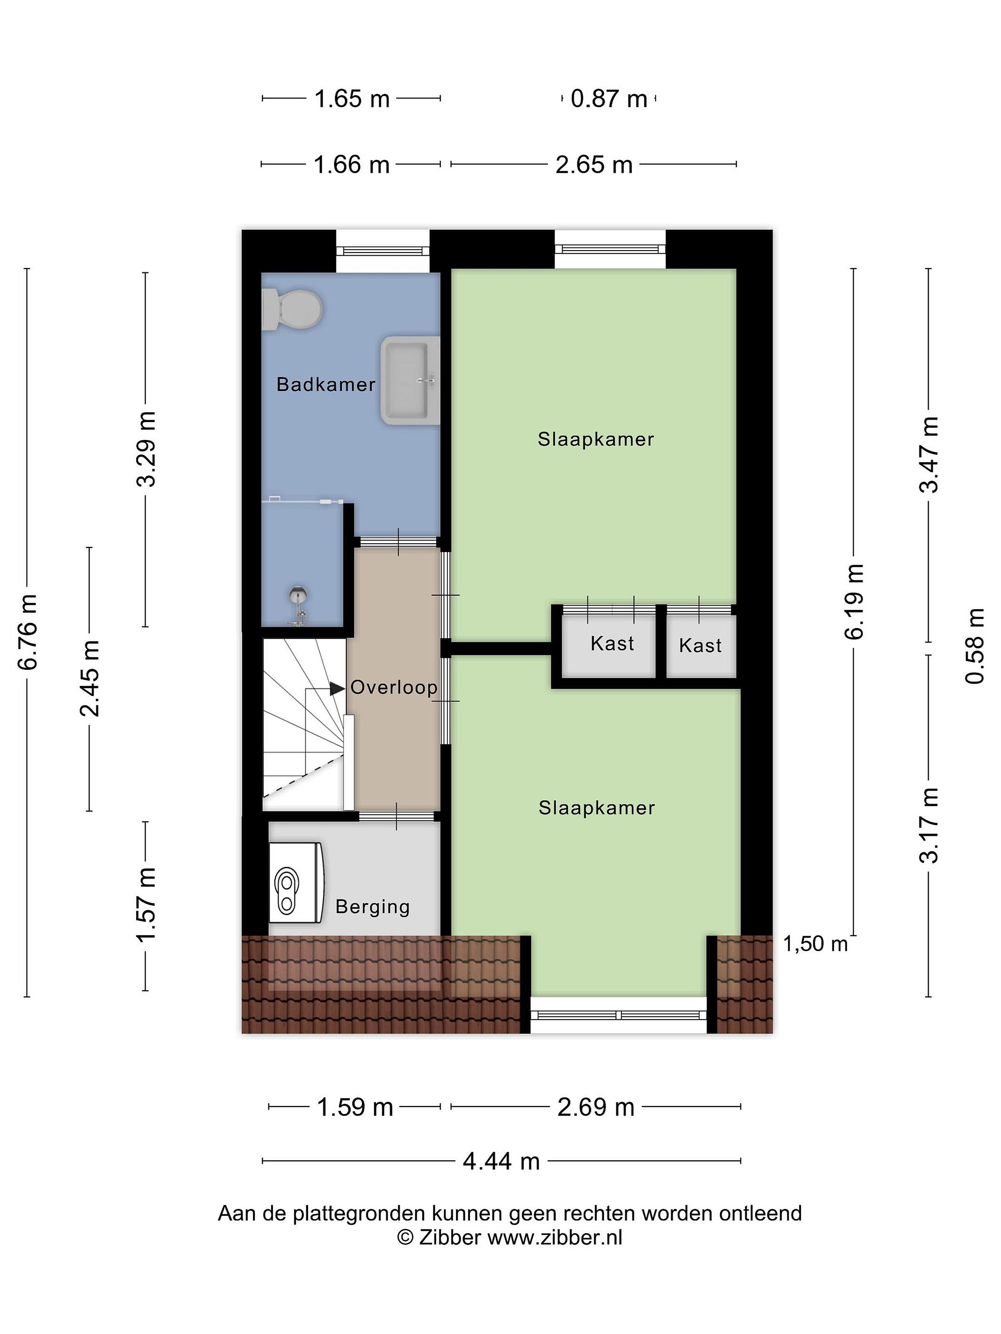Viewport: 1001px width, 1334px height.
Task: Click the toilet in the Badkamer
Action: tap(292, 309)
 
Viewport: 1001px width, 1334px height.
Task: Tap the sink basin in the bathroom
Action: tap(410, 381)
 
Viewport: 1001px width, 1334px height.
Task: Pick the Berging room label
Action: tap(373, 906)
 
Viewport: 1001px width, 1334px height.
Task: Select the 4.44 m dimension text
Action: tap(501, 1161)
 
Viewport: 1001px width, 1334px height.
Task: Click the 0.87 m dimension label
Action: tap(609, 99)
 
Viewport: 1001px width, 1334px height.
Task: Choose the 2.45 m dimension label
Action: tap(90, 679)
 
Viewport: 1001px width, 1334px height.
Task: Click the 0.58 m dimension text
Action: tap(975, 646)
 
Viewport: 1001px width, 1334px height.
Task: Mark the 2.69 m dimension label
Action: tap(596, 1107)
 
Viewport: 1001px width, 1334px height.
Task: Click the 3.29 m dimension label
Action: tap(146, 449)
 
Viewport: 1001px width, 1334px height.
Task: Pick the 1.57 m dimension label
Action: tap(146, 905)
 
